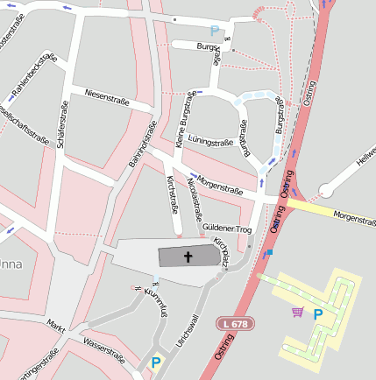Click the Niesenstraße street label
[x=106, y=97]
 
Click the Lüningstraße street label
[x=210, y=141]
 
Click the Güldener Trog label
[x=227, y=227]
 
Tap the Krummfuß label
[x=154, y=301]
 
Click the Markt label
[x=56, y=323]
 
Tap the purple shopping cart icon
[x=297, y=312]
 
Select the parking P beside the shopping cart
[x=318, y=313]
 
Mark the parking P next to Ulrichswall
[x=156, y=362]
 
